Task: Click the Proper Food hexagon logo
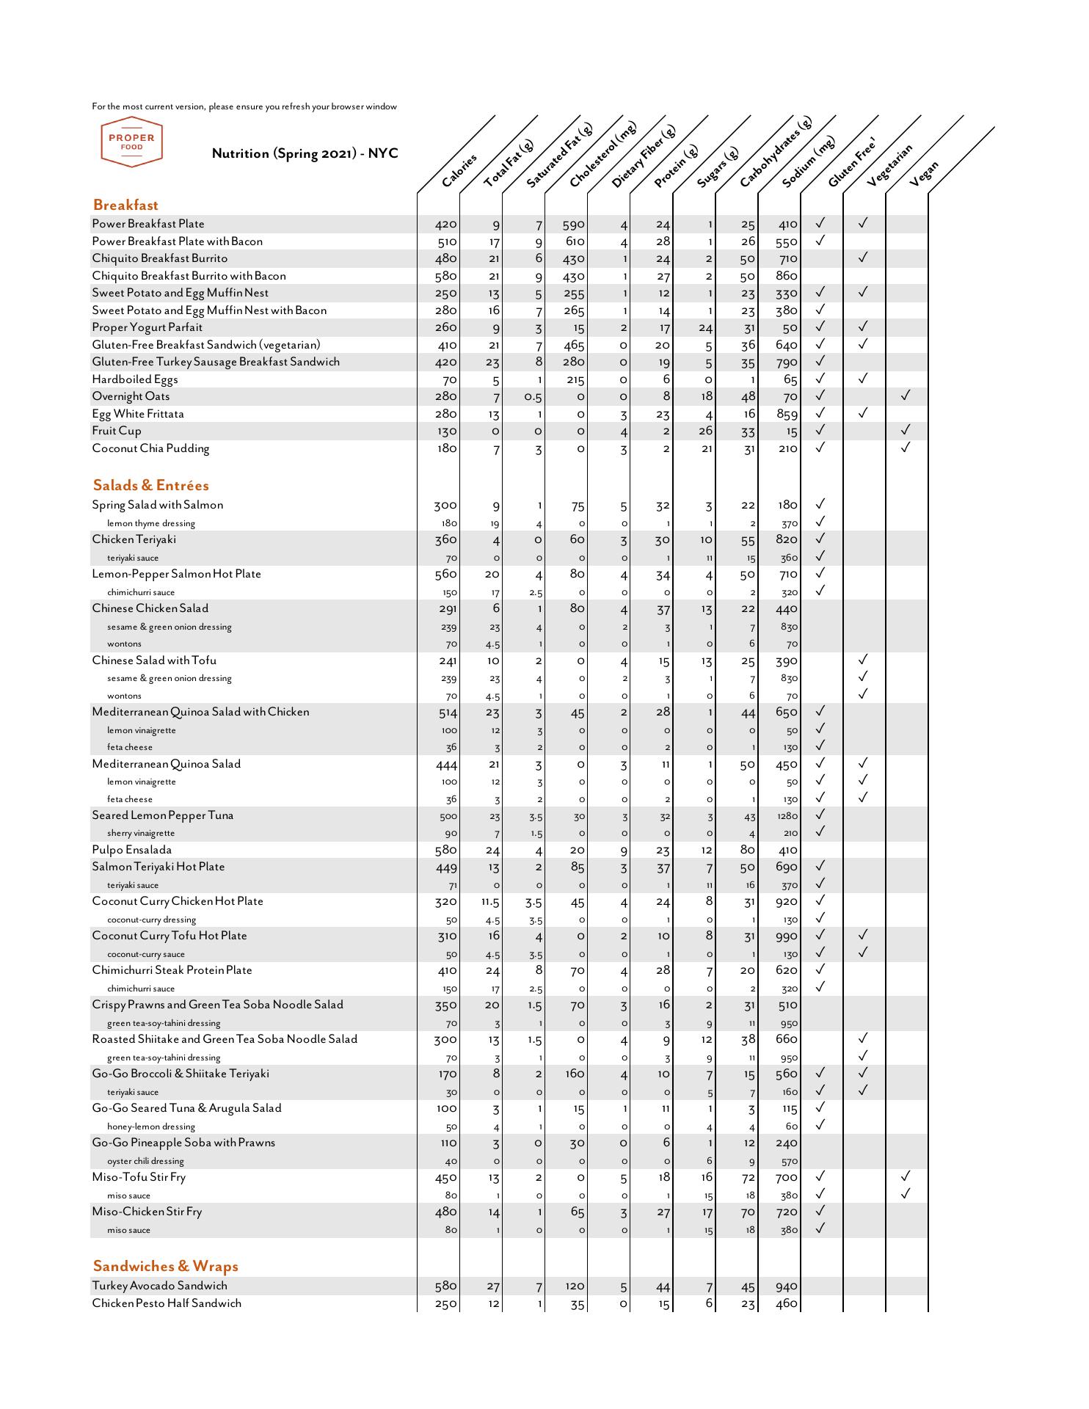tap(131, 142)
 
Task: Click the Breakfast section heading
tap(125, 205)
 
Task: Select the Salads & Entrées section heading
tap(150, 485)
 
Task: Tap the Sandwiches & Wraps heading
tap(165, 1266)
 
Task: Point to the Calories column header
tap(459, 170)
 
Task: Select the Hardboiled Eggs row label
tap(135, 379)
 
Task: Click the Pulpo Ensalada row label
tap(132, 850)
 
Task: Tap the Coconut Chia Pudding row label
tap(150, 448)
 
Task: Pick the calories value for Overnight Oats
tap(446, 397)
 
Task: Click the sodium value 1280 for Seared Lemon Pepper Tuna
tap(787, 816)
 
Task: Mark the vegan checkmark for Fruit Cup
tap(906, 430)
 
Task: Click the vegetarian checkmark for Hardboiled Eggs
tap(863, 379)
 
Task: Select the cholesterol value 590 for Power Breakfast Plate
tap(573, 225)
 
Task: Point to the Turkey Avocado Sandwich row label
tap(159, 1286)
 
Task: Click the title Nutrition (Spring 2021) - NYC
tap(305, 153)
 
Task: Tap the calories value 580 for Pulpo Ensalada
tap(446, 851)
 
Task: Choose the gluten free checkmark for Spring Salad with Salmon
tap(820, 504)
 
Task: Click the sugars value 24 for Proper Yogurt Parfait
tap(705, 328)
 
